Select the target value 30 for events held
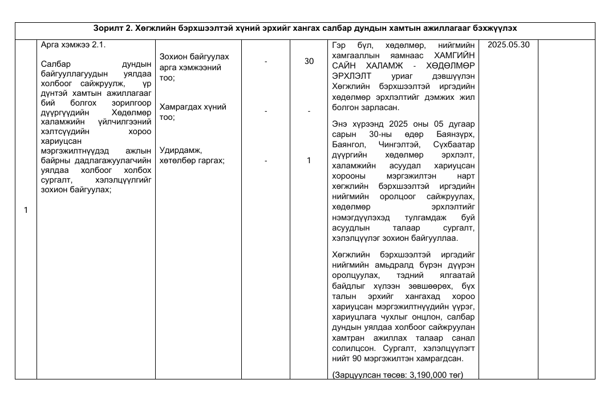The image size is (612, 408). pyautogui.click(x=309, y=61)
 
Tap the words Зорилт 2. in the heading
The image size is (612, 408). pyautogui.click(x=112, y=28)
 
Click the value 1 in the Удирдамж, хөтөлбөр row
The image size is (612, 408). pyautogui.click(x=309, y=161)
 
